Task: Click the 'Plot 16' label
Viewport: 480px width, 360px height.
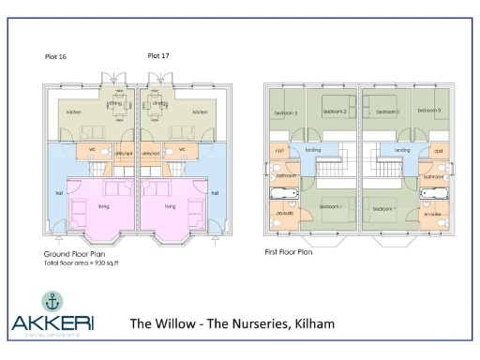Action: click(x=56, y=57)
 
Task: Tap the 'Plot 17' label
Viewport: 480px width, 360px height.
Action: click(x=159, y=55)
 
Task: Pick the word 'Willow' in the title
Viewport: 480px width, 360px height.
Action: click(x=175, y=324)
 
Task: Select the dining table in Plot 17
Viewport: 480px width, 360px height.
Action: click(x=159, y=104)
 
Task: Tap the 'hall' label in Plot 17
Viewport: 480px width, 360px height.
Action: click(x=215, y=194)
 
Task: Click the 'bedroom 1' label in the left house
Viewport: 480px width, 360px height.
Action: click(x=330, y=206)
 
